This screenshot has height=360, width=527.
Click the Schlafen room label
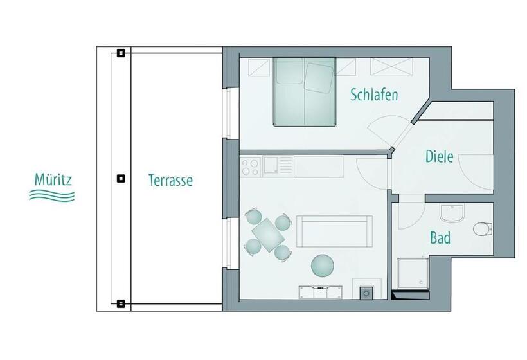click(374, 95)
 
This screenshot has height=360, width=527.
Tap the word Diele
click(440, 156)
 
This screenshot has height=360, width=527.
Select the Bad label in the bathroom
click(440, 239)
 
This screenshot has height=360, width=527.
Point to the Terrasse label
click(170, 181)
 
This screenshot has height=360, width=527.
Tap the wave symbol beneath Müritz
click(52, 195)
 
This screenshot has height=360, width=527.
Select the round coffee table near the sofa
click(323, 265)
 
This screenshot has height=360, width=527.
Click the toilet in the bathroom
click(481, 229)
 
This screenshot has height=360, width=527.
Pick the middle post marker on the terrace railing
click(121, 179)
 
